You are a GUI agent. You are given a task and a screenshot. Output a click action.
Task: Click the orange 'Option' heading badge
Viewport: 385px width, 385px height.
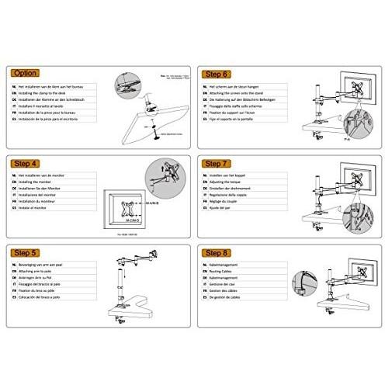pos(26,74)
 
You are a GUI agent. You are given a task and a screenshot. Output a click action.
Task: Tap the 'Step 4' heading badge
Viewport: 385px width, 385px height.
pos(26,164)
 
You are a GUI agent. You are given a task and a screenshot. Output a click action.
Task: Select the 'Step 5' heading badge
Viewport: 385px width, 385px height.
pos(26,254)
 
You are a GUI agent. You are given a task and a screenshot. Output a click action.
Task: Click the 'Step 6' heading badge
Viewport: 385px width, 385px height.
pos(219,74)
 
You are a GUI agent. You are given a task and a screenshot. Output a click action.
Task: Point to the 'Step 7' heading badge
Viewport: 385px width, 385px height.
pos(219,164)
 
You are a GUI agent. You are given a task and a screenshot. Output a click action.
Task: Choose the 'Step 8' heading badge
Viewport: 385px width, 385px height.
pos(219,254)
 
